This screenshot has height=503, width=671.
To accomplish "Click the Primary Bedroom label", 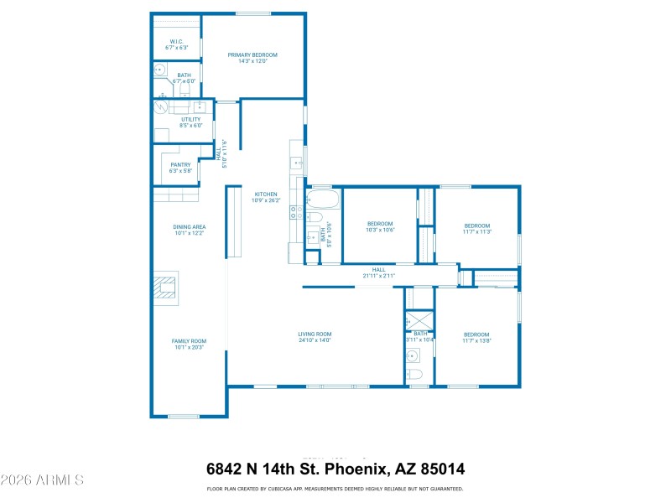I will click(x=252, y=58).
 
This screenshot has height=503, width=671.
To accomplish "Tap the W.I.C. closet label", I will click(x=176, y=44).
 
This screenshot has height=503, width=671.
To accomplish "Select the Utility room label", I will click(x=191, y=122).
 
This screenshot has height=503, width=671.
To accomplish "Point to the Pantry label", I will click(x=180, y=167).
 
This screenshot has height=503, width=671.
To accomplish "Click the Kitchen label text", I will click(x=265, y=197).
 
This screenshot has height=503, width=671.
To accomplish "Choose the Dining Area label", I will click(x=189, y=229).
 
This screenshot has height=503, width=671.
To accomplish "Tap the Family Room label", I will click(x=189, y=343).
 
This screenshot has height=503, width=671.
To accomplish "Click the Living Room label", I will click(x=315, y=336).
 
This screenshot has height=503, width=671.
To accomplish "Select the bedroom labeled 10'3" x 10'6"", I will click(x=380, y=226).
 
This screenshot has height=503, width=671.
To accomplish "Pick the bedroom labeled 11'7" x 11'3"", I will click(x=477, y=228).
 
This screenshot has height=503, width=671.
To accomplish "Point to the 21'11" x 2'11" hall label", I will click(x=378, y=272).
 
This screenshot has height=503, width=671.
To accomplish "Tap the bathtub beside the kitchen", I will click(x=322, y=200).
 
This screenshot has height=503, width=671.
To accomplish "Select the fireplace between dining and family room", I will click(x=165, y=288).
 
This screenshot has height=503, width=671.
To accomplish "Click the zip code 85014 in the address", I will click(x=442, y=469).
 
